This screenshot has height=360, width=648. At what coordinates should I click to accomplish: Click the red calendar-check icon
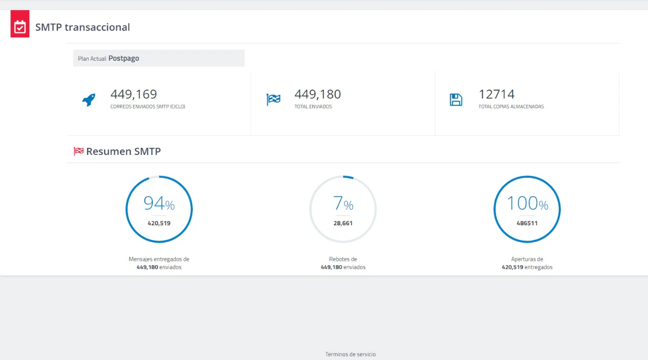pyautogui.click(x=20, y=24)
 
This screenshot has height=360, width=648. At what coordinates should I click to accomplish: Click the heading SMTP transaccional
pyautogui.click(x=83, y=27)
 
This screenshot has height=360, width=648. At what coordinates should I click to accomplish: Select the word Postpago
pyautogui.click(x=124, y=58)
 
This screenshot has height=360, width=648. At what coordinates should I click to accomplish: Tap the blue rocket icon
pyautogui.click(x=89, y=100)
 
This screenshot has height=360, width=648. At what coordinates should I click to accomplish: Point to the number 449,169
pyautogui.click(x=134, y=94)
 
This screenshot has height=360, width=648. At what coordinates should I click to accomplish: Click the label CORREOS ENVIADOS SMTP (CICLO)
pyautogui.click(x=147, y=106)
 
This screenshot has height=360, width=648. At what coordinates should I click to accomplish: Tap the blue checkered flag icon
pyautogui.click(x=273, y=100)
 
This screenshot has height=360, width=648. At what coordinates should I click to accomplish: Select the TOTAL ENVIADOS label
pyautogui.click(x=313, y=106)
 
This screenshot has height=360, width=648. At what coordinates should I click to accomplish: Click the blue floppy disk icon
pyautogui.click(x=456, y=100)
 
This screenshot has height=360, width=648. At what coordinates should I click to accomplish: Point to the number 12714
pyautogui.click(x=497, y=94)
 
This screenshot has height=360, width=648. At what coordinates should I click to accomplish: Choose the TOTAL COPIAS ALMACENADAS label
pyautogui.click(x=511, y=106)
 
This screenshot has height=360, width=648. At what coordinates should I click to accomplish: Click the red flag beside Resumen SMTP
pyautogui.click(x=78, y=151)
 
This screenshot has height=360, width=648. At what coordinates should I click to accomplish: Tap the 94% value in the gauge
pyautogui.click(x=159, y=203)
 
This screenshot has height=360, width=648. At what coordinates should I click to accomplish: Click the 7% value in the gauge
pyautogui.click(x=343, y=203)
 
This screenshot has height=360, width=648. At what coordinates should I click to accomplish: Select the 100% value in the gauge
pyautogui.click(x=527, y=203)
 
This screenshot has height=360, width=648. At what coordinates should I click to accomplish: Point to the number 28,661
pyautogui.click(x=343, y=223)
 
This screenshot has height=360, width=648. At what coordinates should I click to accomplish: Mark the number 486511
pyautogui.click(x=527, y=223)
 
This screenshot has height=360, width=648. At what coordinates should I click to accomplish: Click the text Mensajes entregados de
pyautogui.click(x=159, y=259)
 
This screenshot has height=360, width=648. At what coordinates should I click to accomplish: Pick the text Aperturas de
pyautogui.click(x=527, y=259)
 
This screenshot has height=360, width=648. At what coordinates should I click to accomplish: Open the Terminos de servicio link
pyautogui.click(x=350, y=354)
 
